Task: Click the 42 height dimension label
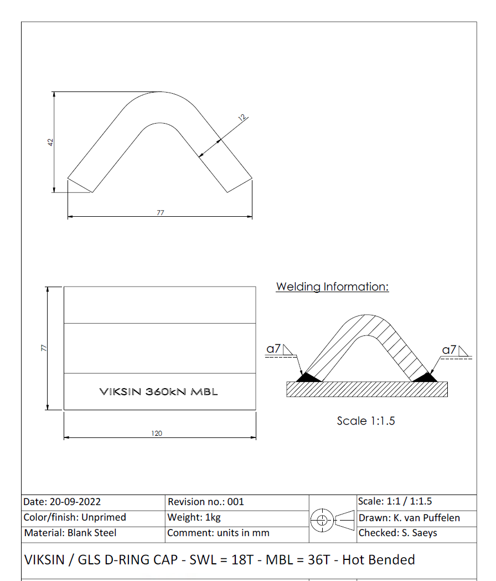click(x=50, y=142)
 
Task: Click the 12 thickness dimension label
click(x=242, y=118)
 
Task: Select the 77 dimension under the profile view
click(x=160, y=213)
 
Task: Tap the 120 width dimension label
click(x=157, y=433)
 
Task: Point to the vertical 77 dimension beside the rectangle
click(x=44, y=348)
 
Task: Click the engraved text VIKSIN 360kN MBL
click(x=159, y=391)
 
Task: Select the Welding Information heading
click(x=332, y=287)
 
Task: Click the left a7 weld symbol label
click(x=273, y=349)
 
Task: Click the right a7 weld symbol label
click(x=449, y=349)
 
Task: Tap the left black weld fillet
click(x=308, y=378)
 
